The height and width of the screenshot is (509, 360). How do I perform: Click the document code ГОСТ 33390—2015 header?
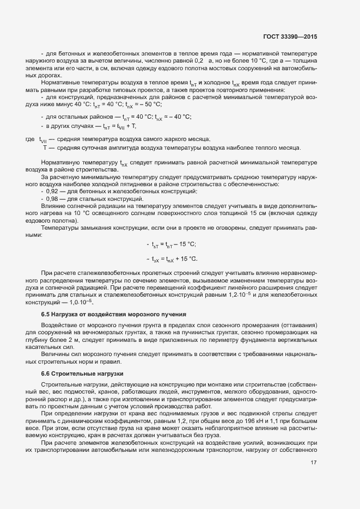(290, 36)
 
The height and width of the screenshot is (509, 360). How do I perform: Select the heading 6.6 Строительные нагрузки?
(82, 373)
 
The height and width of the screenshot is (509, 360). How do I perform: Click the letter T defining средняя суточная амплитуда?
(45, 148)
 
